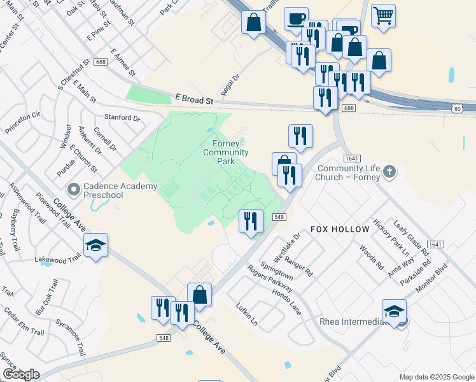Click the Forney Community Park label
[x=226, y=152]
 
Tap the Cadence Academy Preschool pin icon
[x=73, y=189]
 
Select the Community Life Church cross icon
[x=389, y=171]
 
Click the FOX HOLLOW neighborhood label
[x=340, y=229]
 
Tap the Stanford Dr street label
[x=122, y=118]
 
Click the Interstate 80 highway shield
[x=458, y=109]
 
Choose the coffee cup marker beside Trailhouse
[x=296, y=18]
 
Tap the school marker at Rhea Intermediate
[x=394, y=311]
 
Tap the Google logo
[x=20, y=374]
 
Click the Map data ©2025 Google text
[x=437, y=377]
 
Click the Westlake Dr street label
[x=287, y=246]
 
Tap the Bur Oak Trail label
[x=47, y=296]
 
